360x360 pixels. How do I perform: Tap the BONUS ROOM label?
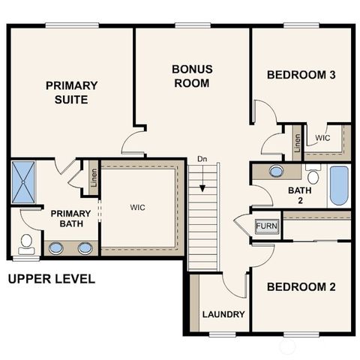192,76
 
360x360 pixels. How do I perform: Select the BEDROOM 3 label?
301,75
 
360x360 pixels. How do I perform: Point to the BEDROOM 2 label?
301,287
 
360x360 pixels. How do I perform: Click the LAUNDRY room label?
223,313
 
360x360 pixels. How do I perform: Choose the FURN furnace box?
265,226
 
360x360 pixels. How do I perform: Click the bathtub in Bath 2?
338,185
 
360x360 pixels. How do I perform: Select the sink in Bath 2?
276,171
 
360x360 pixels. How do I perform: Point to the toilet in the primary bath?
26,243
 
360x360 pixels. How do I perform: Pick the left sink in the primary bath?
56,247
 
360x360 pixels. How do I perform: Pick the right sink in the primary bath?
85,247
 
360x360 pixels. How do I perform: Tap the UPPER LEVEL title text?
51,280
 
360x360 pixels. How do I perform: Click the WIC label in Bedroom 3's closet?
322,138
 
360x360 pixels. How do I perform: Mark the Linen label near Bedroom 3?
297,142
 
